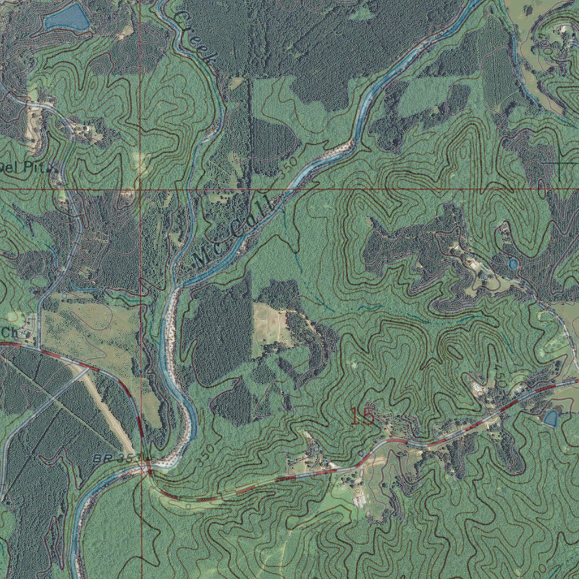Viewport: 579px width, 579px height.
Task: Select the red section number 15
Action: [x=362, y=417]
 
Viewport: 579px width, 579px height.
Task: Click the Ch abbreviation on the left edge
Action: [x=9, y=331]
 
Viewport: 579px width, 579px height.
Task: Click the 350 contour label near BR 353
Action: [x=205, y=455]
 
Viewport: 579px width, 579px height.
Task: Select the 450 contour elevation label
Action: [x=500, y=376]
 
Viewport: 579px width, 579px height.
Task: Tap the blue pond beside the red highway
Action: [x=550, y=418]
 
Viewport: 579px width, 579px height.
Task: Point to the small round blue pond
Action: [x=513, y=264]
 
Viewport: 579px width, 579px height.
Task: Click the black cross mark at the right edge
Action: [x=560, y=163]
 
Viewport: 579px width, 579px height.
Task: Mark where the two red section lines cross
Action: [x=140, y=189]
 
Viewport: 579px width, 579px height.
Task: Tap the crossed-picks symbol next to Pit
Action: [x=53, y=168]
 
